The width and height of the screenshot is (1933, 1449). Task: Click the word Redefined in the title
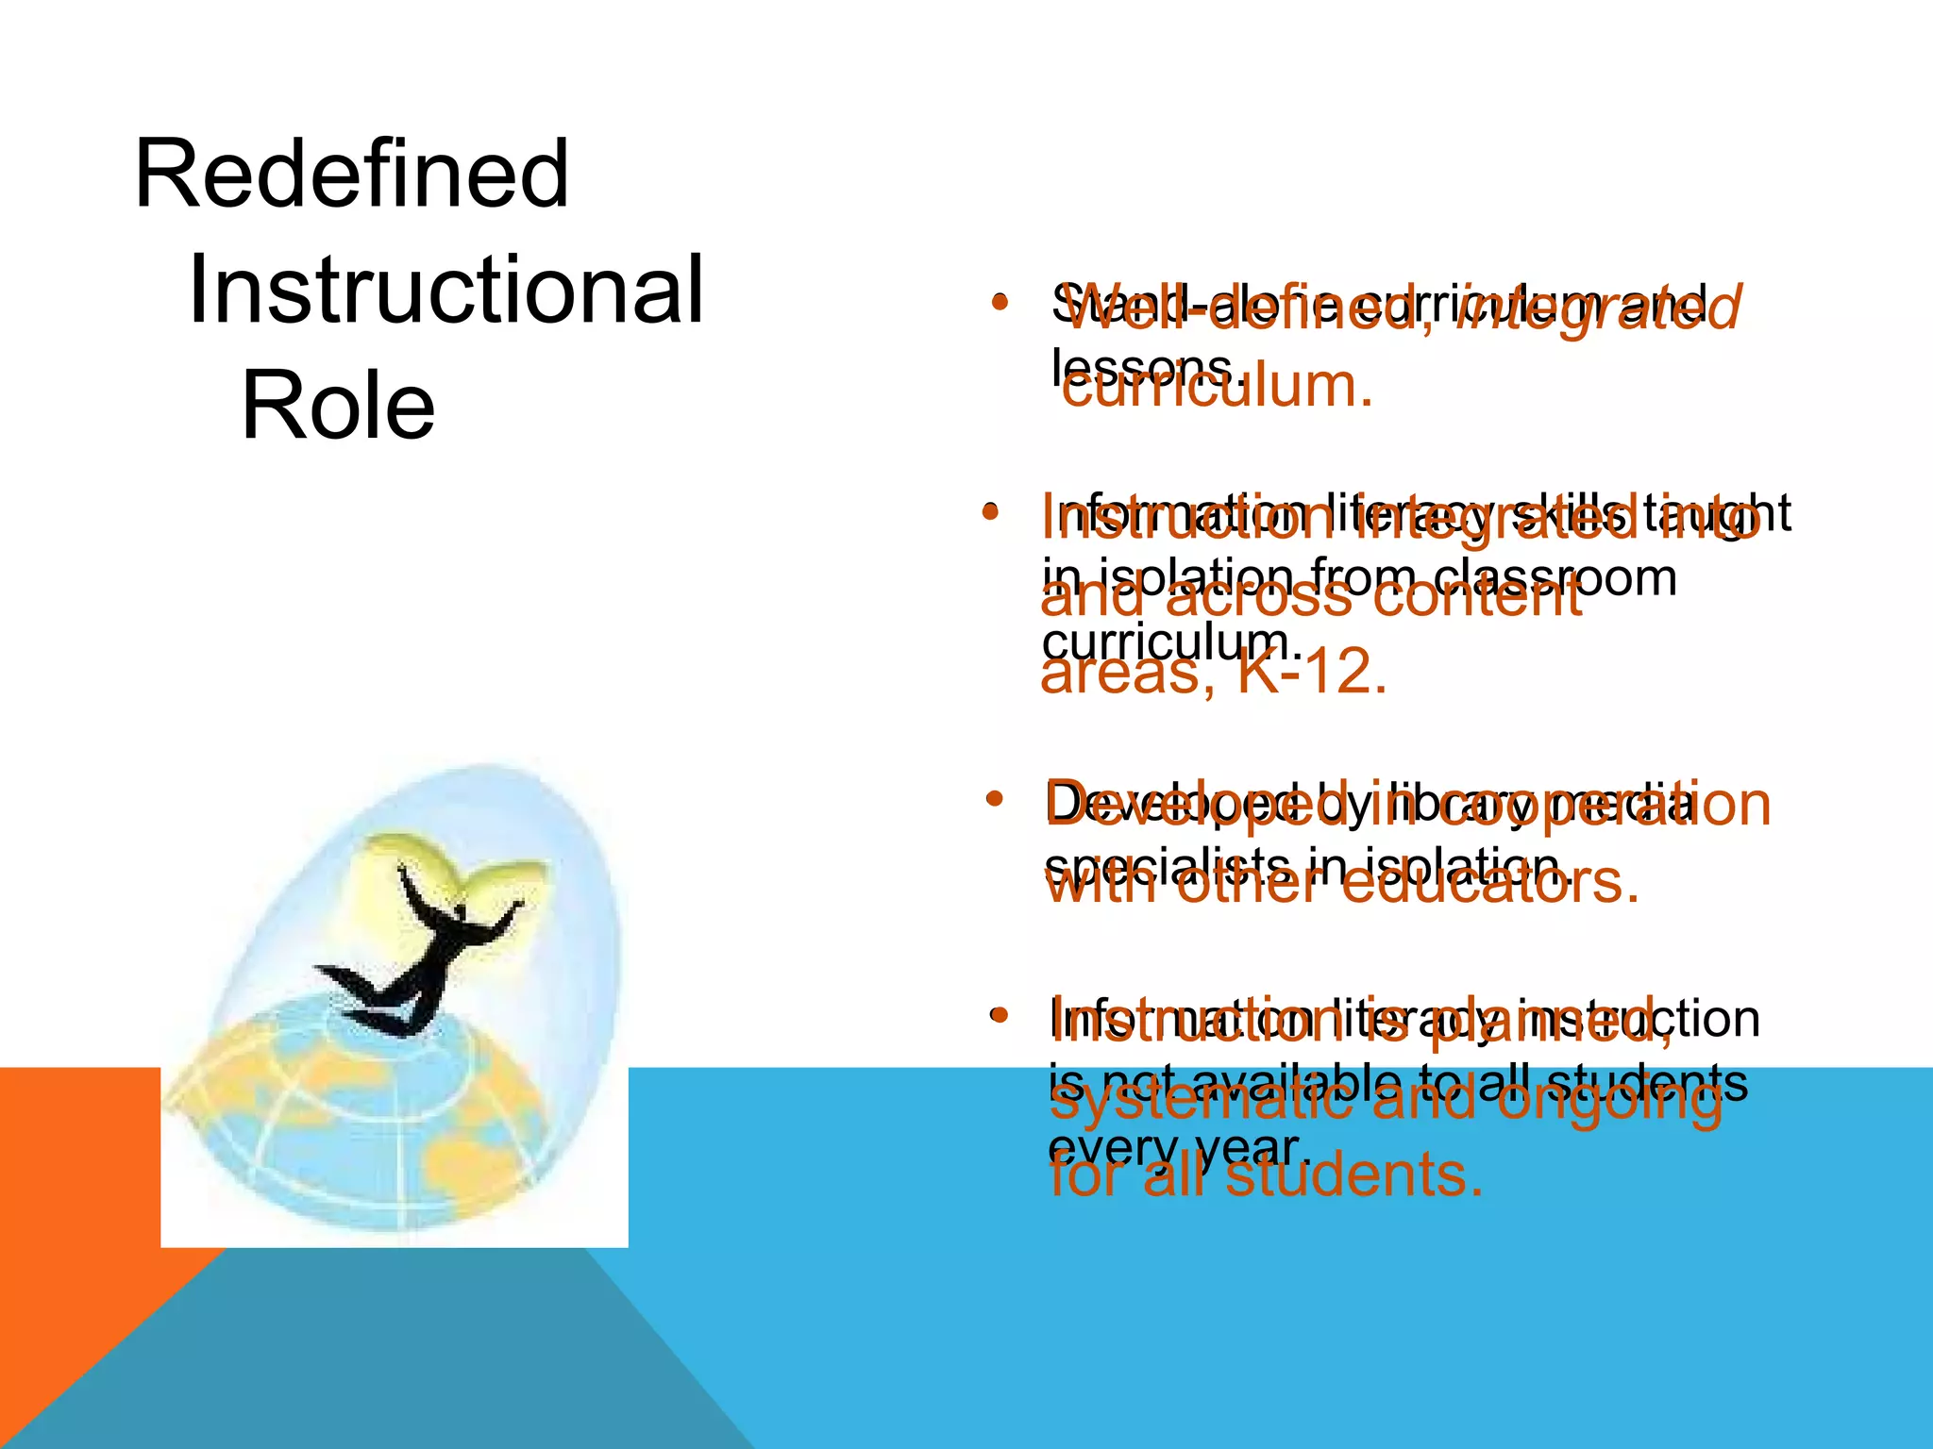(351, 174)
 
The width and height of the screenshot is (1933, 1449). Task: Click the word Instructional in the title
(445, 290)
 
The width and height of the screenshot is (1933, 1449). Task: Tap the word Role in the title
(338, 406)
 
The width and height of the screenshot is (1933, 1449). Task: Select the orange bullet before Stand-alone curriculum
(1000, 304)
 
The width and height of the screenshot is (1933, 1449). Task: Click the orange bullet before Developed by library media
(993, 799)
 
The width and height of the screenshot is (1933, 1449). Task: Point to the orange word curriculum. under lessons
(1218, 387)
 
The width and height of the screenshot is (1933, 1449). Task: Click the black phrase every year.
(1180, 1147)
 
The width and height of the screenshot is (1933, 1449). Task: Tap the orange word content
(1477, 597)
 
